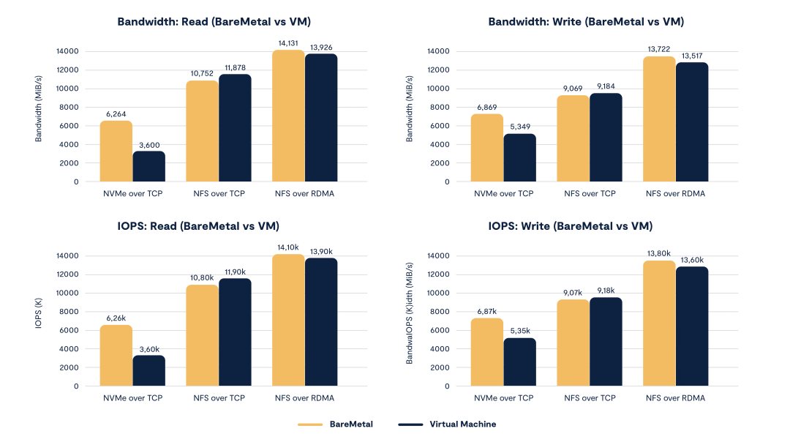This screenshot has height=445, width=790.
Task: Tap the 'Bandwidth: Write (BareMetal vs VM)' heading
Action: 586,22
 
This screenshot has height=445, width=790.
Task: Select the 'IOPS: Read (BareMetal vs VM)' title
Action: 198,226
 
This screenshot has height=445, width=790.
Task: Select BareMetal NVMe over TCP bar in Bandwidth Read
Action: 116,151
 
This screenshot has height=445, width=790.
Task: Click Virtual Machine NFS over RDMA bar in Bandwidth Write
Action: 692,122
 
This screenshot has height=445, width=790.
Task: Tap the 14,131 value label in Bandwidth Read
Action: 287,44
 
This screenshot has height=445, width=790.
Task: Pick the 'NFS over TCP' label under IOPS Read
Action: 218,397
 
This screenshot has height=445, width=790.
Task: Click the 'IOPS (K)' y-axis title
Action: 37,320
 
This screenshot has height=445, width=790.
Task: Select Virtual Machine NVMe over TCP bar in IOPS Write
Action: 519,362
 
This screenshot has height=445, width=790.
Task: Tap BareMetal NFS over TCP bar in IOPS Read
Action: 202,335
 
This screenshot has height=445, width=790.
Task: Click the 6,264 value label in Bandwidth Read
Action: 116,115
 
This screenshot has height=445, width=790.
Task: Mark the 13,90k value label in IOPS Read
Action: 322,251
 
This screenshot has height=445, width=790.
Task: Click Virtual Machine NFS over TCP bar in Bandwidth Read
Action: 235,128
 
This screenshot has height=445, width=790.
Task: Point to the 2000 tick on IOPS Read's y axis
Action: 70,367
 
